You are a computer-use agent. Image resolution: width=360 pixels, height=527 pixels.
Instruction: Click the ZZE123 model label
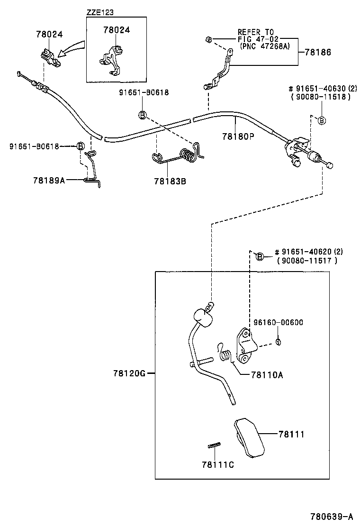coord(100,12)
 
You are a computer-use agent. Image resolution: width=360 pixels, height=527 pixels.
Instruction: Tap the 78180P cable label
coord(238,136)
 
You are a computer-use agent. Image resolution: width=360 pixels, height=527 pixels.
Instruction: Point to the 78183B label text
coord(170,181)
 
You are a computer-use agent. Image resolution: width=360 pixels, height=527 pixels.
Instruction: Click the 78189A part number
coord(49,180)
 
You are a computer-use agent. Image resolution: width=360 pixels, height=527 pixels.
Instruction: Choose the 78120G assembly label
coord(129,373)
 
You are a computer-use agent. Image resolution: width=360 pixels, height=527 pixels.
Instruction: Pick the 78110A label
coord(267,374)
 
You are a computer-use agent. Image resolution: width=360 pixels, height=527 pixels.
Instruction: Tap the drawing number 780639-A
coord(332,516)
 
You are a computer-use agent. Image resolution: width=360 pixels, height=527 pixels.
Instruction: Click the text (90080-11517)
coord(308,260)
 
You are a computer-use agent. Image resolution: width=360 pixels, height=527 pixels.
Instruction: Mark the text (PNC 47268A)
coord(263,47)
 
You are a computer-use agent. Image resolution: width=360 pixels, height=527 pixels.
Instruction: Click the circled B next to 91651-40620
coord(259,256)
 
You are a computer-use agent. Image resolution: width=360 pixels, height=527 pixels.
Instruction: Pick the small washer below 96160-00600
coord(278,342)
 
